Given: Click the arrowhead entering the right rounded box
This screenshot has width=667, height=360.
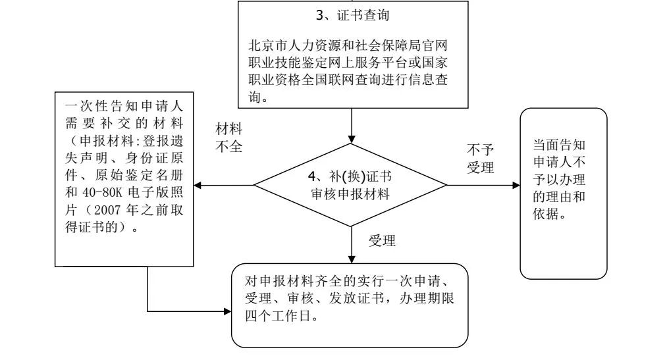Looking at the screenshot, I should coord(516,185).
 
